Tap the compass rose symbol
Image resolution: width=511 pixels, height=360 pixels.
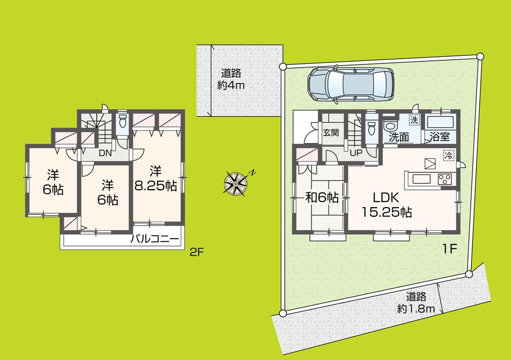[x=236, y=182]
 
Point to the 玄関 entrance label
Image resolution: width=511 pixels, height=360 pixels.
[x=331, y=133]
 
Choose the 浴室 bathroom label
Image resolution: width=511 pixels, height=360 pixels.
[x=439, y=137]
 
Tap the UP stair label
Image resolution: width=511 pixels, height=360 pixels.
[x=356, y=152]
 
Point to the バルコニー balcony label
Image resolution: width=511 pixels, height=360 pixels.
[x=154, y=239]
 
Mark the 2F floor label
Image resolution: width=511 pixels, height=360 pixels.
[x=196, y=252]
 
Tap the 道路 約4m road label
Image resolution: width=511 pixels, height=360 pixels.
[x=231, y=79]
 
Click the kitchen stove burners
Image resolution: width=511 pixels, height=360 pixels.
[x=444, y=179]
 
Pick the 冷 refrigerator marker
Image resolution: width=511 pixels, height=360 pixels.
[x=448, y=154]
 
